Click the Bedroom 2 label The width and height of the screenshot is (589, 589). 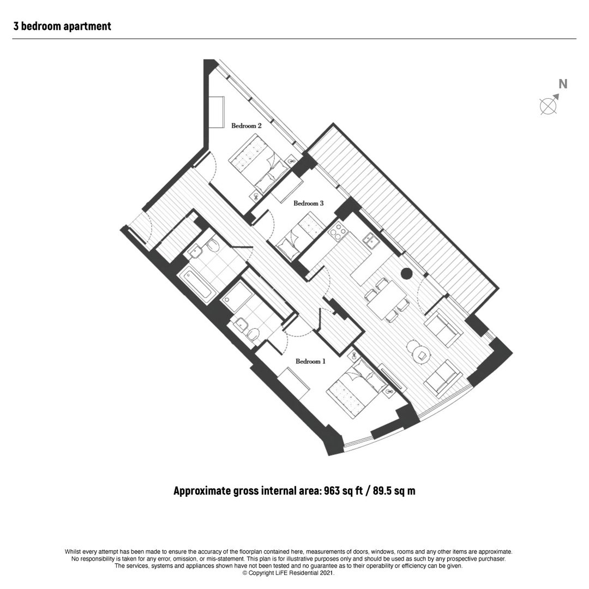click(246, 125)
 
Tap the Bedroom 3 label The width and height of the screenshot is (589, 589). click(308, 203)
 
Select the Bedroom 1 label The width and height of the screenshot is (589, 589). click(310, 362)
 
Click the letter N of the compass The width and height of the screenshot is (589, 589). click(563, 84)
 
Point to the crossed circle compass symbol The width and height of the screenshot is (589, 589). click(548, 106)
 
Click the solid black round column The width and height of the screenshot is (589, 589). click(406, 273)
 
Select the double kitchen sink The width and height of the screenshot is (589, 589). click(371, 241)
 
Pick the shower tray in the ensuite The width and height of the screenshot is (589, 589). click(238, 296)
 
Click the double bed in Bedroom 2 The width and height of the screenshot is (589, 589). click(259, 164)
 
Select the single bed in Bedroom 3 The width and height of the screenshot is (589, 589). click(300, 237)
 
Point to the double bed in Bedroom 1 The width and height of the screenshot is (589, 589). click(356, 388)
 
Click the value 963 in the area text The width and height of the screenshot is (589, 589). click(332, 491)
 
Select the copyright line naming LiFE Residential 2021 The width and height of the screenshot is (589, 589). click(288, 573)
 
